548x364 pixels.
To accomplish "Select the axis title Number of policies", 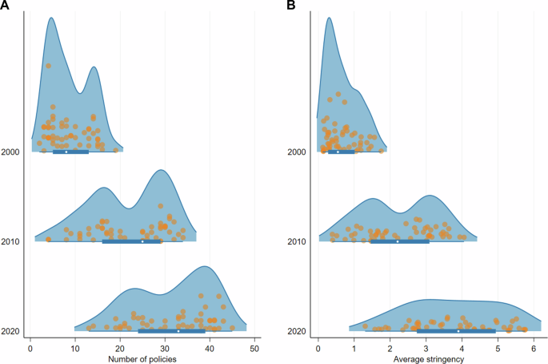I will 142,358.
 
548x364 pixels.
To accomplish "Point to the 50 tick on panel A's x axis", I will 254,346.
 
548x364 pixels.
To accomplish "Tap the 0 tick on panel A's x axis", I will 30,346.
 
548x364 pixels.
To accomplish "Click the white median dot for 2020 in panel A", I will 178,331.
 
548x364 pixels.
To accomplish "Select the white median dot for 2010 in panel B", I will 398,241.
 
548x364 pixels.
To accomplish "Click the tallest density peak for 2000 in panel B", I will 329,18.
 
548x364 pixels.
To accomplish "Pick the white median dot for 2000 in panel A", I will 66,152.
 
